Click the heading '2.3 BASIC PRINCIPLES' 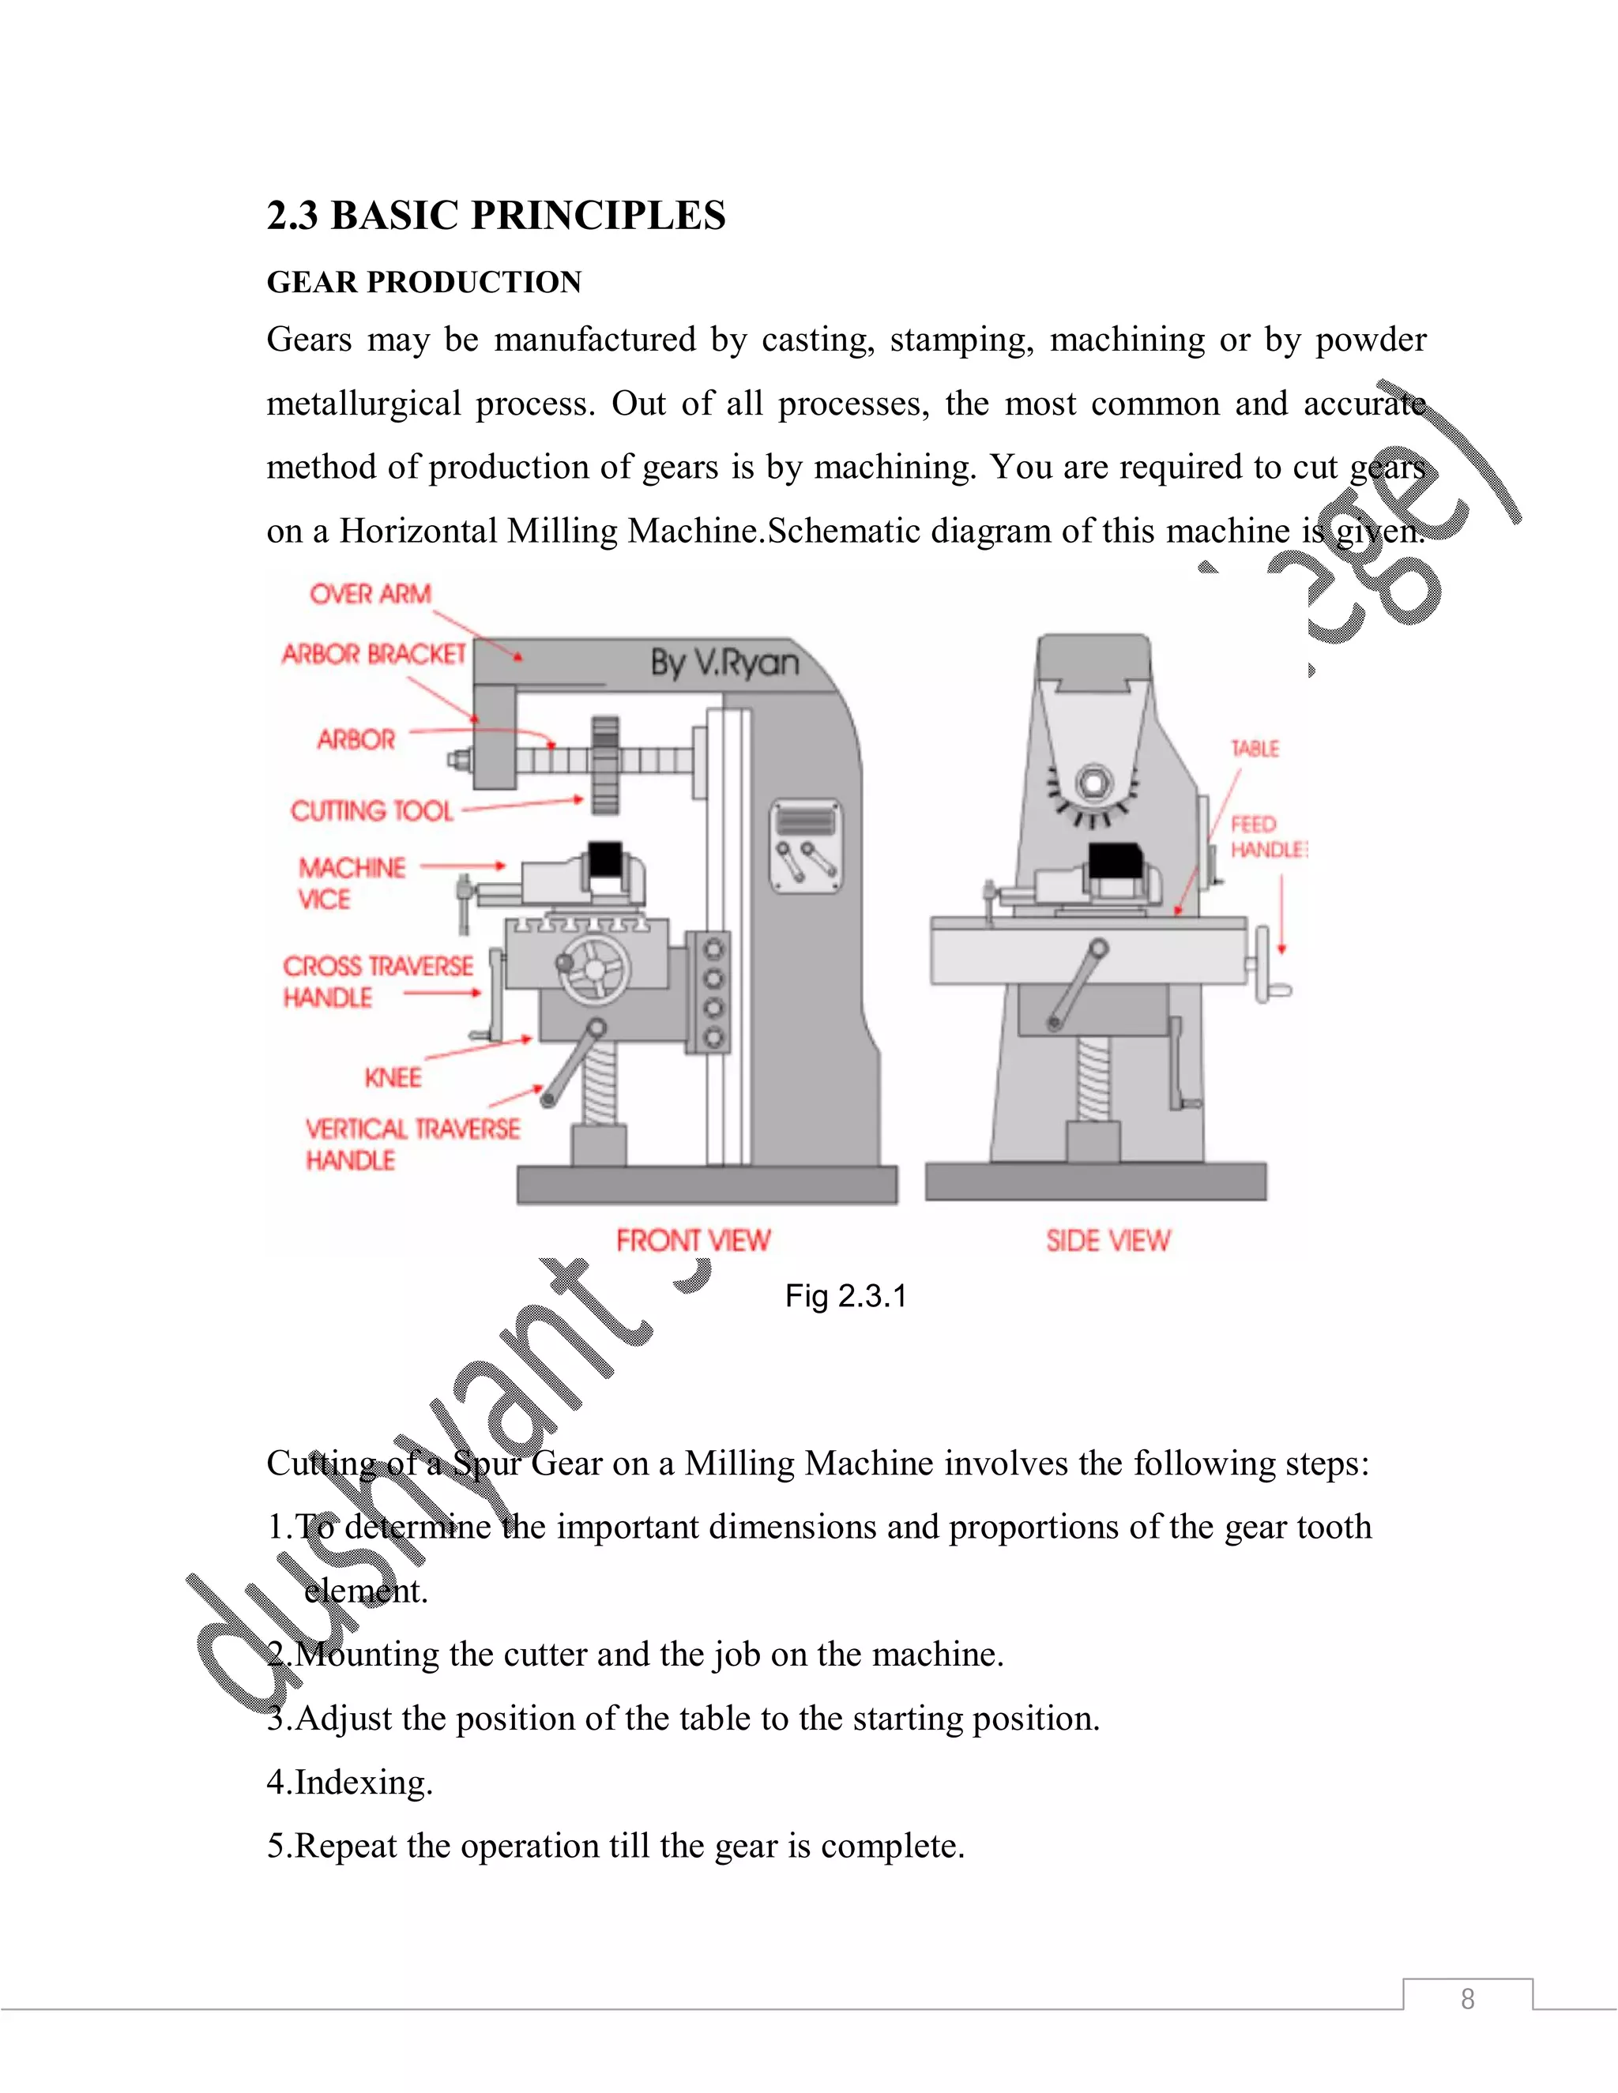point(495,216)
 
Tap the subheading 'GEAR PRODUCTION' point(423,282)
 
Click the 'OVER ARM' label point(370,594)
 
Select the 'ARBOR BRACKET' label point(373,655)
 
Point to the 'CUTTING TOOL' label point(371,812)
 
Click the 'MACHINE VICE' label point(351,884)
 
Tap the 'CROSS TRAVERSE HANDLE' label point(377,981)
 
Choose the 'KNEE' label point(392,1078)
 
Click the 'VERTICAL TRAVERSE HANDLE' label point(412,1144)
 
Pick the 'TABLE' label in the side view point(1255,749)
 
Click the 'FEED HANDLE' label point(1266,837)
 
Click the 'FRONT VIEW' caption point(693,1241)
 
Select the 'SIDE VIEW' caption point(1108,1241)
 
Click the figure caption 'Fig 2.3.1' point(845,1297)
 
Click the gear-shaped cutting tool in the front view point(605,765)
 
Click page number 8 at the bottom point(1466,1999)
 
